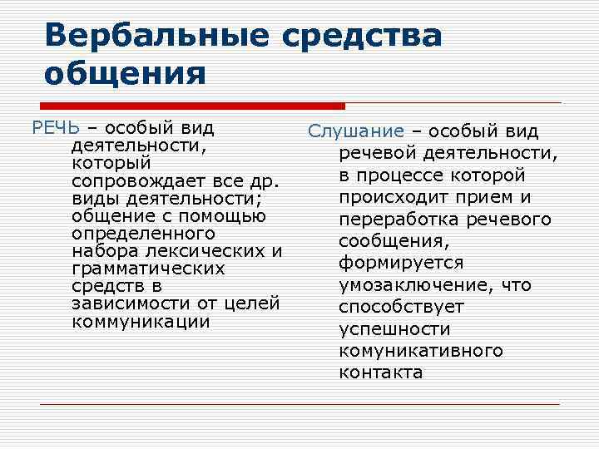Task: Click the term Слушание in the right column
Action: point(355,132)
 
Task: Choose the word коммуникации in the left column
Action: point(141,321)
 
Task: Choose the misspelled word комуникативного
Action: point(420,351)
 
